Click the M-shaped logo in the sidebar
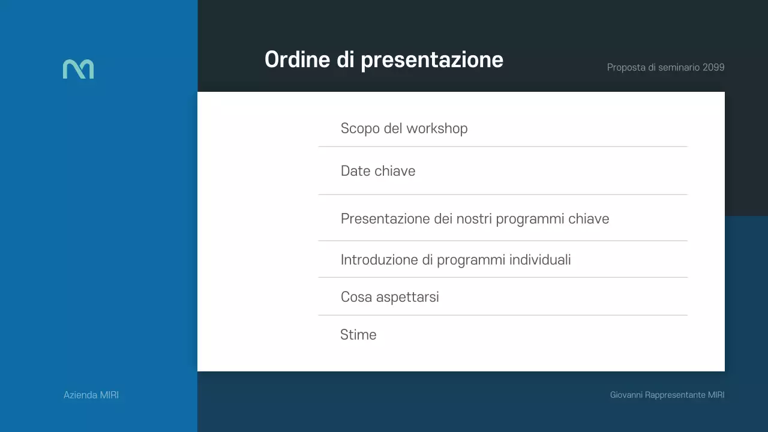78,69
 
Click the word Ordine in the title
297,59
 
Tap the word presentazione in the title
432,60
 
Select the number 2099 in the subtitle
713,67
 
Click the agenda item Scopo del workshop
404,128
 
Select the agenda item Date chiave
378,171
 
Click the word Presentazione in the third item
385,218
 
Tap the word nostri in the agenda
475,218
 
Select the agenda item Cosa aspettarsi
389,297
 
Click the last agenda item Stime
358,335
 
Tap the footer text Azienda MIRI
91,395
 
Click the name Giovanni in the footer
626,395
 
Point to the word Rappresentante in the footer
675,395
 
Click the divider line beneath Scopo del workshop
503,146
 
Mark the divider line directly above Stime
503,315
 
